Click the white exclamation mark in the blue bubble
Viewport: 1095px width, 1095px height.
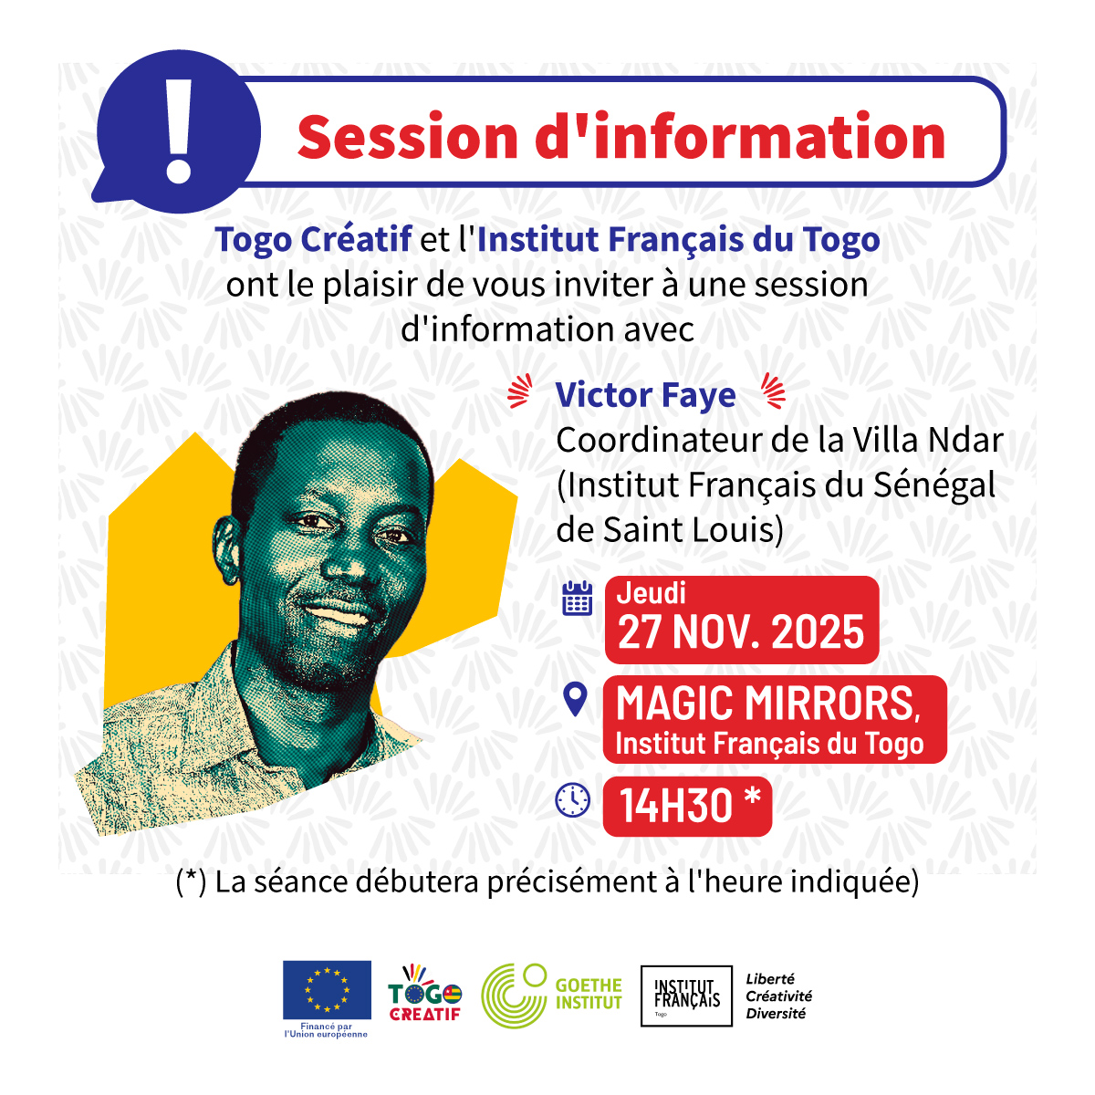click(x=180, y=130)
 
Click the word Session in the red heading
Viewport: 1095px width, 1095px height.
click(x=407, y=137)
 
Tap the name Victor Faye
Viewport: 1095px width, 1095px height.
click(x=645, y=395)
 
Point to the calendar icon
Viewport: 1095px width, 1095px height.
click(x=577, y=598)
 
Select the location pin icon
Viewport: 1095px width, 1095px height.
click(x=574, y=699)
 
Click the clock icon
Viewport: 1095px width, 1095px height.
click(x=573, y=800)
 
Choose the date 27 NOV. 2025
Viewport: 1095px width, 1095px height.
click(x=741, y=632)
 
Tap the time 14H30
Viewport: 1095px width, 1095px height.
click(x=676, y=806)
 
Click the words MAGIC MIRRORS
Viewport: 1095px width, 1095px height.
click(x=765, y=704)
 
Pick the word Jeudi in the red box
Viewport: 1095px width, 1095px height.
click(x=652, y=593)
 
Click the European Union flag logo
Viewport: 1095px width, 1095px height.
click(x=327, y=990)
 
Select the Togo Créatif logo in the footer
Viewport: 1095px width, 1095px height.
click(x=425, y=994)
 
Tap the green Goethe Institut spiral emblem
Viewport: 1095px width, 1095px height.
click(x=514, y=996)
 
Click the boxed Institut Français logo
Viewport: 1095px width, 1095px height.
click(x=686, y=996)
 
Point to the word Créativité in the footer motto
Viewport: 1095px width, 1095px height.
click(x=778, y=996)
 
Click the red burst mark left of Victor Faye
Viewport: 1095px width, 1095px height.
click(x=520, y=392)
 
